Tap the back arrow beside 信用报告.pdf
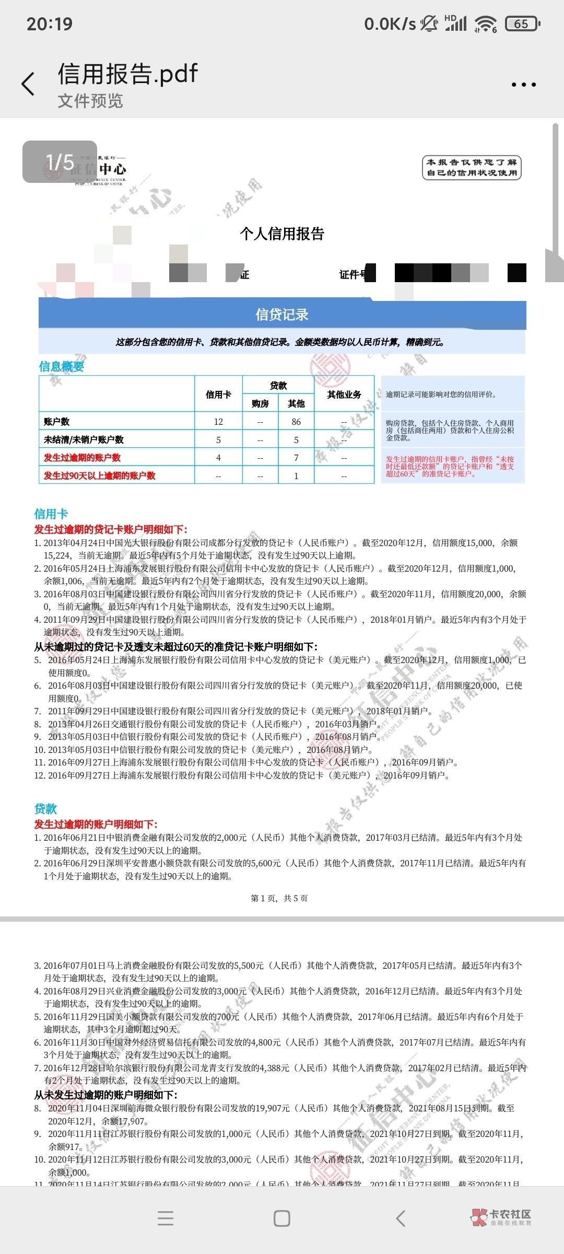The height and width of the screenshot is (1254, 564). click(x=28, y=84)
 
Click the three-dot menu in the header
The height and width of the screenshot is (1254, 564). click(x=523, y=85)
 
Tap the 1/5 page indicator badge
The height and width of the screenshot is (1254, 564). click(x=60, y=162)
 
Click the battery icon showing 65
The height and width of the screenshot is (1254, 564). click(x=522, y=24)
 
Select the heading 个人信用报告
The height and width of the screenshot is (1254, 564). click(x=282, y=234)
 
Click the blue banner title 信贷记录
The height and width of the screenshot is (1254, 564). click(x=282, y=315)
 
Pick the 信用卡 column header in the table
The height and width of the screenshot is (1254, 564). click(x=218, y=394)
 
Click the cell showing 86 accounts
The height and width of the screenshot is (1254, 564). click(x=296, y=422)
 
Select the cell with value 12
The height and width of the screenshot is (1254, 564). click(x=218, y=422)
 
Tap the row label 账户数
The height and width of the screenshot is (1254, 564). click(x=57, y=422)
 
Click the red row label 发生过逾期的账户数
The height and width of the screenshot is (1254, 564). click(x=83, y=458)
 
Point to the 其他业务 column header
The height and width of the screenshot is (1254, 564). click(x=344, y=394)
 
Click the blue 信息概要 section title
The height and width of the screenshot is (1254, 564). click(x=62, y=366)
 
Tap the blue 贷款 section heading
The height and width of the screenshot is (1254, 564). click(x=45, y=809)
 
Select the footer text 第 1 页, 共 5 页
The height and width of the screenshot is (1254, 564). click(x=279, y=898)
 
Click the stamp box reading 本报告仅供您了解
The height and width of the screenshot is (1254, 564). click(x=472, y=168)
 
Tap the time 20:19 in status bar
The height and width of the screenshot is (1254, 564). click(x=50, y=24)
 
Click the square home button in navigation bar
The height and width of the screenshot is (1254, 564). click(x=282, y=1218)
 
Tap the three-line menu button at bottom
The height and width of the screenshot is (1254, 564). click(x=166, y=1218)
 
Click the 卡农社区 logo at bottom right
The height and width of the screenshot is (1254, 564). click(x=501, y=1217)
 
